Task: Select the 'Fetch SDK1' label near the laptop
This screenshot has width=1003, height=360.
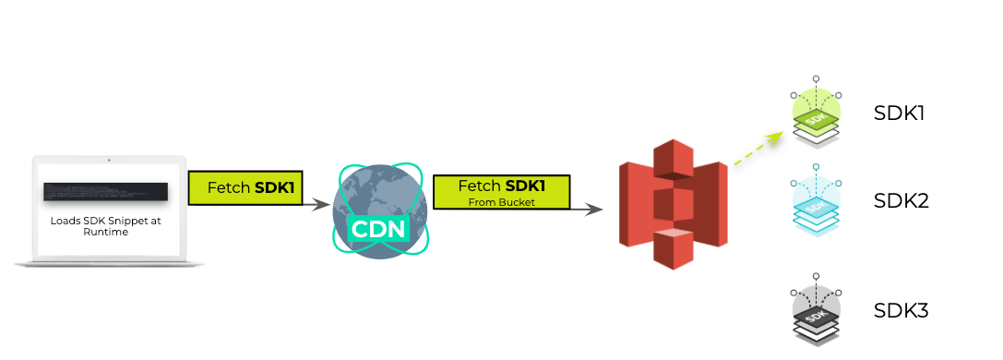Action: point(245,187)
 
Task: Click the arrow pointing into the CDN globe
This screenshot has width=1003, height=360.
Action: point(314,202)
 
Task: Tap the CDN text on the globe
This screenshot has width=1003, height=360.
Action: point(380,227)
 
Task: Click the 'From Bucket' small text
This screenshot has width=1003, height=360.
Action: point(501,200)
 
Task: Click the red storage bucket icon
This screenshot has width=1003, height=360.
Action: point(673,204)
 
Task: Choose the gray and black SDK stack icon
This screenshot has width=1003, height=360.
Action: point(816,312)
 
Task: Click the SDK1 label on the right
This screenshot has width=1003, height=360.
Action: point(899,114)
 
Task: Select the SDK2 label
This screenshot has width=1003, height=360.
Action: point(901,201)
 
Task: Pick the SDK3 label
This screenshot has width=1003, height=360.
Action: point(901,310)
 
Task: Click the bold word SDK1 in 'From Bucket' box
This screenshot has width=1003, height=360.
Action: point(525,186)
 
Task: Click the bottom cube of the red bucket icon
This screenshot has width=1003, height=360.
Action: point(673,246)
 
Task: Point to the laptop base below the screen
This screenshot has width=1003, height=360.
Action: point(109,263)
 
